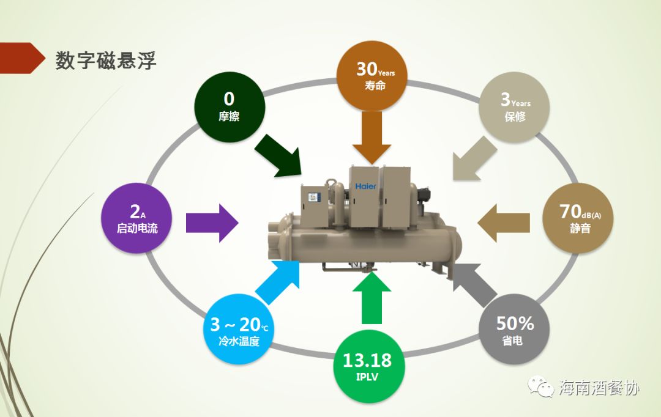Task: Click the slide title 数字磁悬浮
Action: [106, 61]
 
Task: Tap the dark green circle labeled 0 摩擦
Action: [230, 106]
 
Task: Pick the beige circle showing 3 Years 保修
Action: [515, 107]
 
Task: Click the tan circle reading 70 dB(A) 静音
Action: [578, 218]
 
